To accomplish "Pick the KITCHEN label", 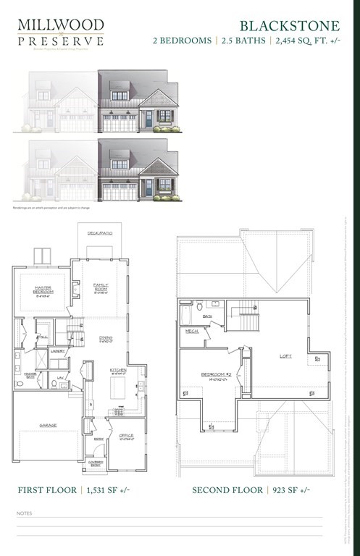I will tap(119, 370).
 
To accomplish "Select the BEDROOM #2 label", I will tap(215, 375).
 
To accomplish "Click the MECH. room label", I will tap(192, 331).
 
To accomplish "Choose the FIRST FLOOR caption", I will tap(47, 490).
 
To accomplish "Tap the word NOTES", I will tap(24, 513).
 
